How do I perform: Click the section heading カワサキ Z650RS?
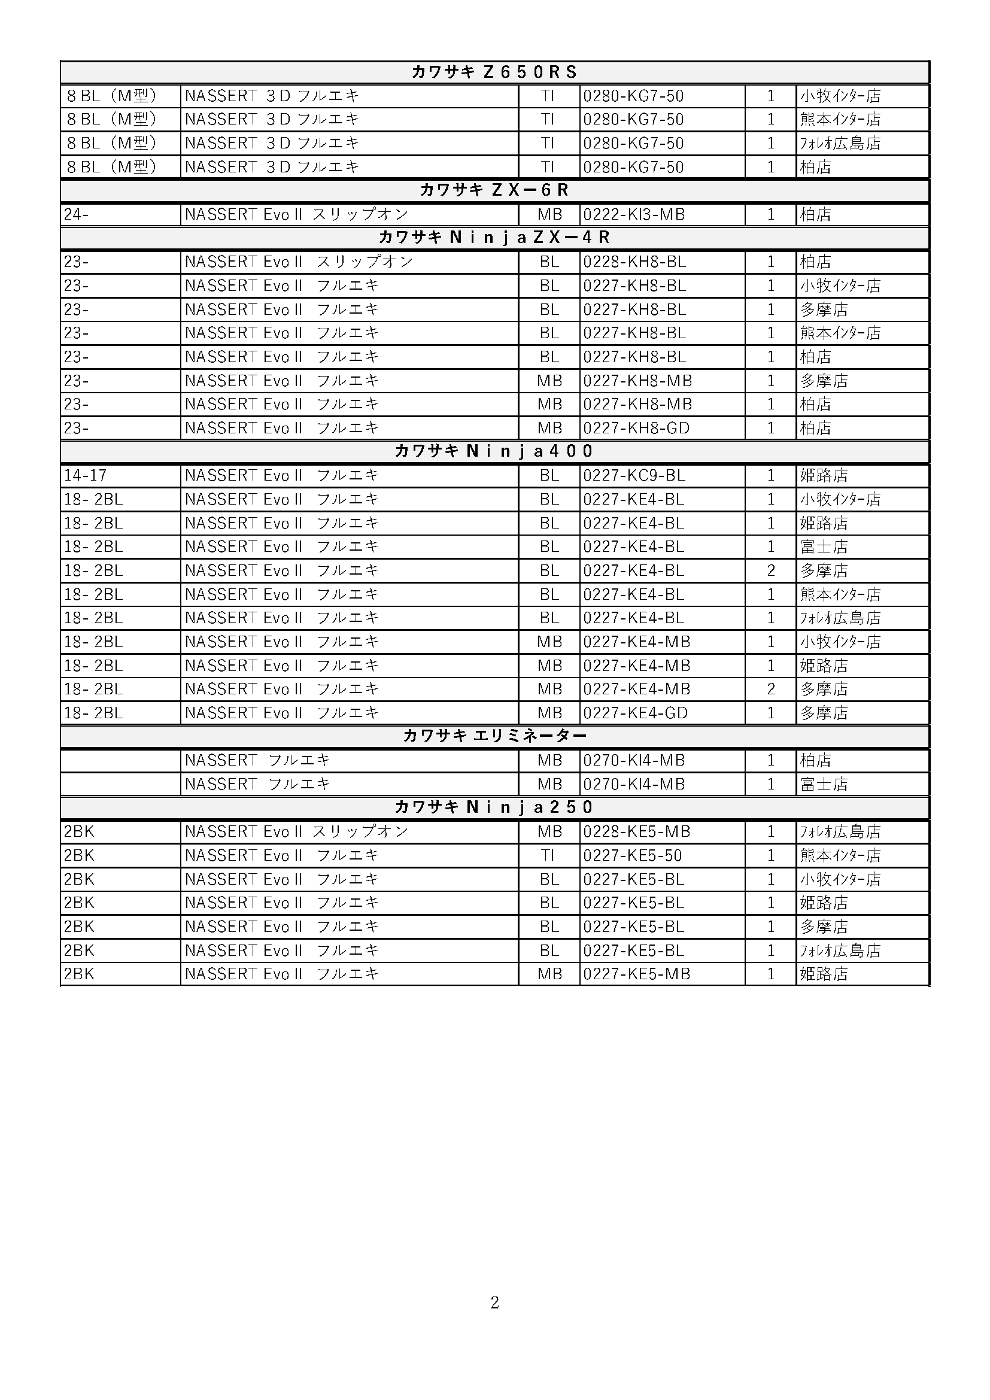[x=494, y=72]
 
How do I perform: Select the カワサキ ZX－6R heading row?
[x=494, y=190]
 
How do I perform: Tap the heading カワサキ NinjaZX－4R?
[x=494, y=238]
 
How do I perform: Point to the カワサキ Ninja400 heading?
[x=494, y=451]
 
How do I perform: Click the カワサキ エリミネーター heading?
[x=494, y=736]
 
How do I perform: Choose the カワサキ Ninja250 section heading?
[x=494, y=807]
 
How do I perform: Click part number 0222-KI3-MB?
[x=634, y=215]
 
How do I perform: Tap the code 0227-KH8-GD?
[x=636, y=428]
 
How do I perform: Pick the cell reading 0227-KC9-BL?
[x=634, y=476]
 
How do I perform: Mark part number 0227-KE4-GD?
[x=635, y=713]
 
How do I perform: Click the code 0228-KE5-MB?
[x=636, y=832]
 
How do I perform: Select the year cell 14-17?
[x=86, y=476]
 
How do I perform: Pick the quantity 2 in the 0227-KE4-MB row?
[x=770, y=689]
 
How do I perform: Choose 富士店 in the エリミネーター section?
[x=824, y=784]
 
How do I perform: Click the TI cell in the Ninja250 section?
[x=548, y=855]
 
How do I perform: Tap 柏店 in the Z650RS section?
[x=816, y=167]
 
